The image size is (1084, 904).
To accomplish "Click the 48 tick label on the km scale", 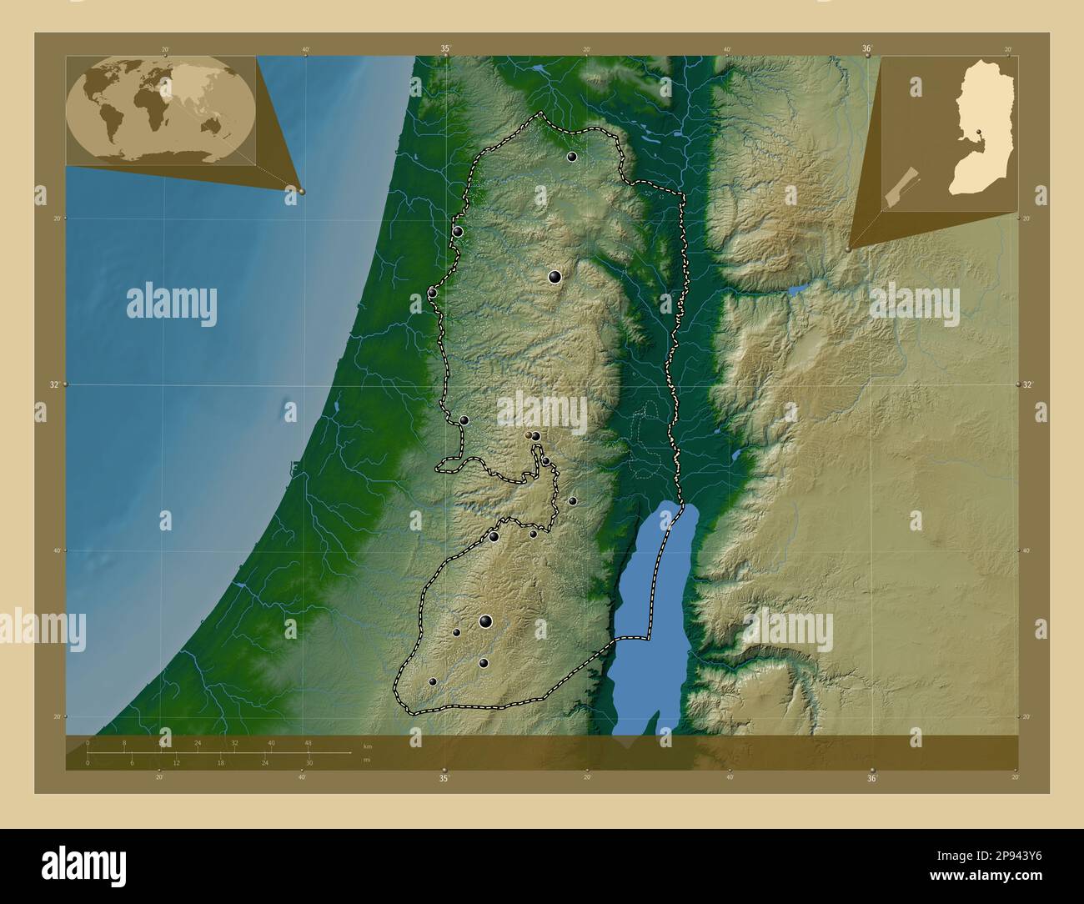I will point(308,742).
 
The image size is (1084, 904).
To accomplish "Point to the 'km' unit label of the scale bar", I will point(368,745).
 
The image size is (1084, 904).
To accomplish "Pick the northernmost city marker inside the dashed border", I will point(572,156).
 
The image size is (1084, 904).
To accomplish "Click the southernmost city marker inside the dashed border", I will point(433,681).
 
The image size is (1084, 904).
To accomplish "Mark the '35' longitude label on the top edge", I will point(445,49).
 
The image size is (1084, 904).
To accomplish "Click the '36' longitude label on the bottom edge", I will point(871,778).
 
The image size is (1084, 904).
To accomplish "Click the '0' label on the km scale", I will point(88,742).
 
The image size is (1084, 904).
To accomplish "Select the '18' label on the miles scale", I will point(220,763).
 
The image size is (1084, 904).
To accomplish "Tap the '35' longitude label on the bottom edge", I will point(444,778).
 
